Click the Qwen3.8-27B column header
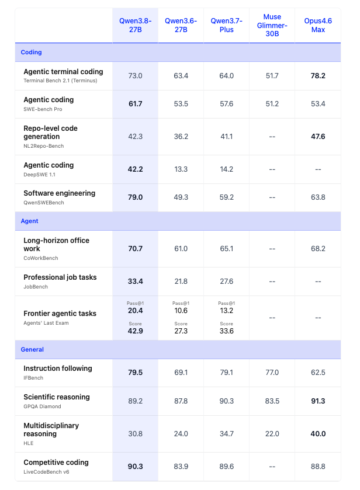(x=135, y=25)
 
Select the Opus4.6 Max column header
(x=318, y=25)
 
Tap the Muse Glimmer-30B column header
(x=272, y=25)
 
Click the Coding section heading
(x=32, y=52)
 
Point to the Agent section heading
(x=29, y=221)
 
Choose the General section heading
(x=32, y=349)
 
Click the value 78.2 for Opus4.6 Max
(x=318, y=75)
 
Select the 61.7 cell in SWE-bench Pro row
(x=135, y=104)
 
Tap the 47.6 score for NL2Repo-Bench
(x=318, y=137)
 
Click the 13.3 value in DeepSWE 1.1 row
(x=181, y=169)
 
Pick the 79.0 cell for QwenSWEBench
(x=135, y=197)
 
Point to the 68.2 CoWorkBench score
(x=318, y=248)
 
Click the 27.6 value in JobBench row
(x=226, y=282)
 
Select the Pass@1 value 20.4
(x=135, y=311)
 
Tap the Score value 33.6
(x=226, y=331)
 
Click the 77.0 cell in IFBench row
(x=272, y=373)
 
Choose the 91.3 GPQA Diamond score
(x=318, y=401)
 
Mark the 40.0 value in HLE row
(x=318, y=434)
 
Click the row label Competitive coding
(x=56, y=463)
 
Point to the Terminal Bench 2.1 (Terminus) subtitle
(x=60, y=81)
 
